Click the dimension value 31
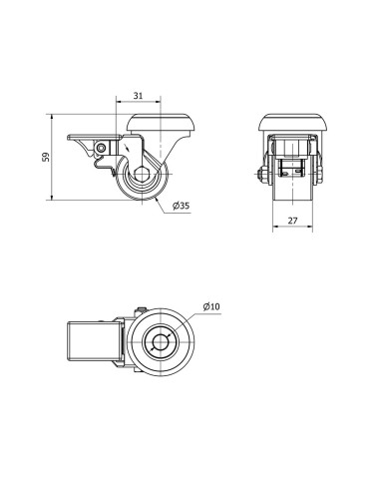pyautogui.click(x=138, y=96)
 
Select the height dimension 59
pyautogui.click(x=46, y=157)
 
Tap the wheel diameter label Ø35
pyautogui.click(x=182, y=206)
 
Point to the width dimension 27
pyautogui.click(x=292, y=221)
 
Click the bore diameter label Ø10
pyautogui.click(x=211, y=306)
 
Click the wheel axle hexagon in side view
pyautogui.click(x=142, y=174)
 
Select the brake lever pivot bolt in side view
pyautogui.click(x=101, y=148)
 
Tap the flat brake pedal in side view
pyautogui.click(x=95, y=137)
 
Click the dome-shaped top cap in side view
pyautogui.click(x=161, y=123)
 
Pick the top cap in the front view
pyautogui.click(x=293, y=123)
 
